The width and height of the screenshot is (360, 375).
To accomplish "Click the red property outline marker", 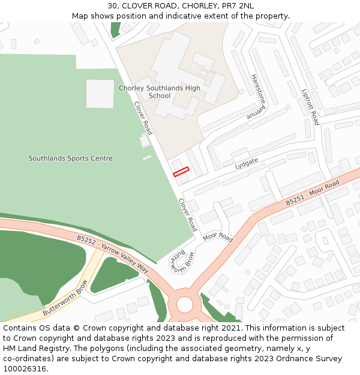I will click(x=181, y=172).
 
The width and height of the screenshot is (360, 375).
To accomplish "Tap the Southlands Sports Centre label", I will click(x=70, y=158).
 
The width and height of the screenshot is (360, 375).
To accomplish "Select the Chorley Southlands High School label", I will click(x=160, y=92).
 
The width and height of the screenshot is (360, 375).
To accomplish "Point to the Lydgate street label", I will click(x=247, y=162).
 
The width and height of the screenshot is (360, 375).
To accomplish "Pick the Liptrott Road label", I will click(x=311, y=107).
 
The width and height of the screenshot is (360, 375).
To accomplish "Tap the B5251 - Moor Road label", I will click(x=312, y=193).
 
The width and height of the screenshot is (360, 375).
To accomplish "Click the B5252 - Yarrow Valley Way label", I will click(x=112, y=253).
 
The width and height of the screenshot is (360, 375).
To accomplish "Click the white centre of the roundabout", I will click(x=184, y=305).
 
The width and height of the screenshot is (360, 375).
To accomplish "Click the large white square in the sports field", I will click(x=100, y=94).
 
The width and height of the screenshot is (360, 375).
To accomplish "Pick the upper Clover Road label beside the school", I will click(x=143, y=118).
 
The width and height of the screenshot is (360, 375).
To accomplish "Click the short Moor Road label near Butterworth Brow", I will click(x=217, y=237).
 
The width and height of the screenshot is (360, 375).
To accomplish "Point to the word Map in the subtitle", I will click(x=80, y=16).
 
